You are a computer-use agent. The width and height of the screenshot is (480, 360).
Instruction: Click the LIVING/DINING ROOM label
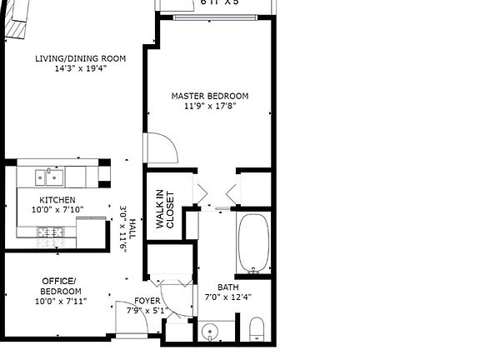coord(80,58)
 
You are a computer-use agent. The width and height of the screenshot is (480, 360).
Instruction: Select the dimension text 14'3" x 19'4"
coord(80,68)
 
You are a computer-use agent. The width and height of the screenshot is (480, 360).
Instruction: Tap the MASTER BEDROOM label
coord(209,97)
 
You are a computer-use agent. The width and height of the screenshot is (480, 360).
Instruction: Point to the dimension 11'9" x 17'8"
coord(209,107)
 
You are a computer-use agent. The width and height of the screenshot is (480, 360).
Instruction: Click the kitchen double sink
coord(51,176)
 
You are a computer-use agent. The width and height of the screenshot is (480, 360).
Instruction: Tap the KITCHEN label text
coord(57,201)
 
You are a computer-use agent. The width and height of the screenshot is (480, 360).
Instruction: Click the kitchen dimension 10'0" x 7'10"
coord(57,210)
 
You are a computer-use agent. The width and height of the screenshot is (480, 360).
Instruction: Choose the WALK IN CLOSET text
coord(165,210)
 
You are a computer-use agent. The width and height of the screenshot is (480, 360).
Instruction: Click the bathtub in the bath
coord(253,243)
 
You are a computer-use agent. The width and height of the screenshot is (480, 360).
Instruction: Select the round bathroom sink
coord(207,332)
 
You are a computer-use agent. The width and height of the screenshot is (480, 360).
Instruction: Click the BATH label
coord(227,286)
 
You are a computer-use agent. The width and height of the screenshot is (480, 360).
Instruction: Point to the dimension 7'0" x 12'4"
coord(227,296)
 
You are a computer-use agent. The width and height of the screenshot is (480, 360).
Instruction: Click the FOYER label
coord(147,301)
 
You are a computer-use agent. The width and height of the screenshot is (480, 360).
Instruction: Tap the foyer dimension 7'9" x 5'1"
coord(147,311)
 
